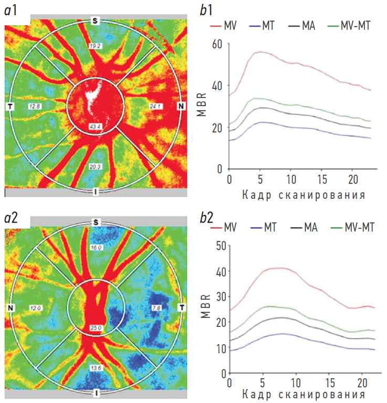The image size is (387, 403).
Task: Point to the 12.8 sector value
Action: point(35,106)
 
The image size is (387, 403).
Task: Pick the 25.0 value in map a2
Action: point(96,328)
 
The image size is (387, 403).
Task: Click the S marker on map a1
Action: point(96,20)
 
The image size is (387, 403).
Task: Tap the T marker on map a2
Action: point(182,307)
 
